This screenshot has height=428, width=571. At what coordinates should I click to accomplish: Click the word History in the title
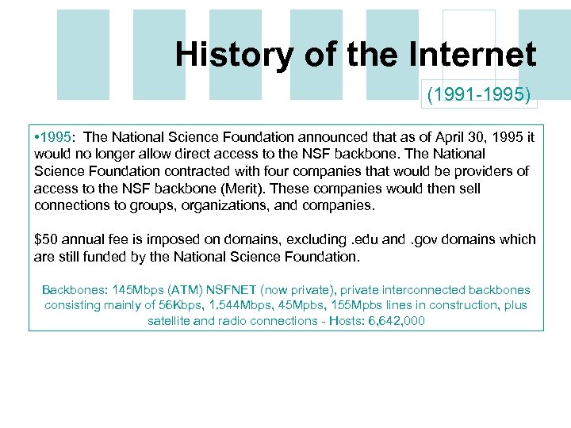pyautogui.click(x=218, y=55)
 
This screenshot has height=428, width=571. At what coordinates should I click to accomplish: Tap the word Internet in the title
pyautogui.click(x=474, y=55)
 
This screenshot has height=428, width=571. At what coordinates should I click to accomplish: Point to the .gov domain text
pyautogui.click(x=433, y=239)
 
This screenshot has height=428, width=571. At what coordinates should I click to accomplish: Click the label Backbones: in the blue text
pyautogui.click(x=75, y=290)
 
